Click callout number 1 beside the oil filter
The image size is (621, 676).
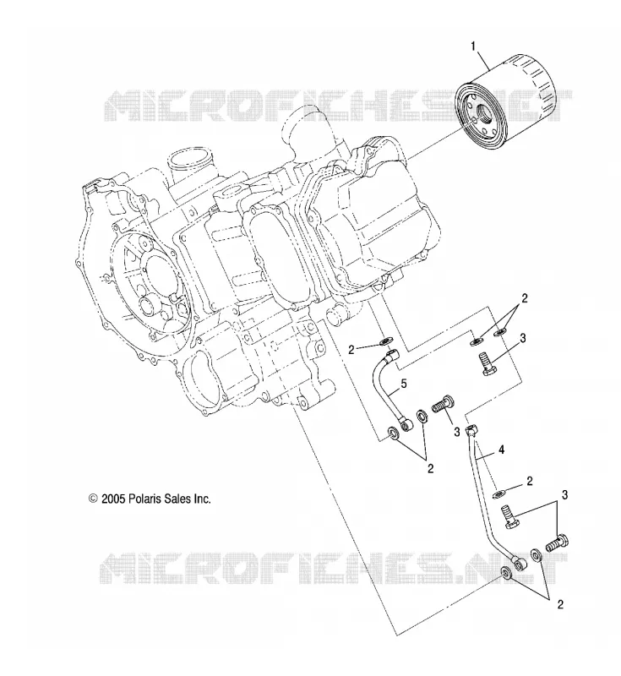[x=474, y=46]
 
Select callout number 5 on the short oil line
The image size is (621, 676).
[x=404, y=384]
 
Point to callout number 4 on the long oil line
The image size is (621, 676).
[x=501, y=450]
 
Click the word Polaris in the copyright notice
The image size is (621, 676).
[x=145, y=499]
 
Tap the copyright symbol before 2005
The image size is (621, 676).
[x=93, y=499]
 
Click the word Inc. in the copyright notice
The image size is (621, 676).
[x=202, y=499]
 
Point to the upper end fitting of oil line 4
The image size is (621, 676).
[x=471, y=431]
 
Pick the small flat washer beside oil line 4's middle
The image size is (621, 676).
[x=498, y=493]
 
